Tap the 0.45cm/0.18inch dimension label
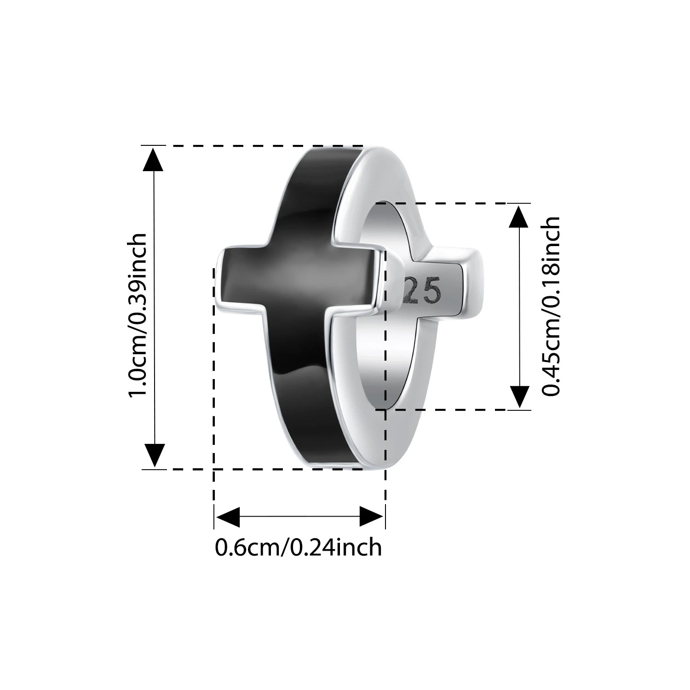(551, 306)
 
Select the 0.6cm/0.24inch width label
(299, 548)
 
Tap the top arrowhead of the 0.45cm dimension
(519, 216)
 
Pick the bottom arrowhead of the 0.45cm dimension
(519, 397)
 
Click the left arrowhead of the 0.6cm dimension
(228, 517)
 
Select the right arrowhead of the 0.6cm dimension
(371, 517)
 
